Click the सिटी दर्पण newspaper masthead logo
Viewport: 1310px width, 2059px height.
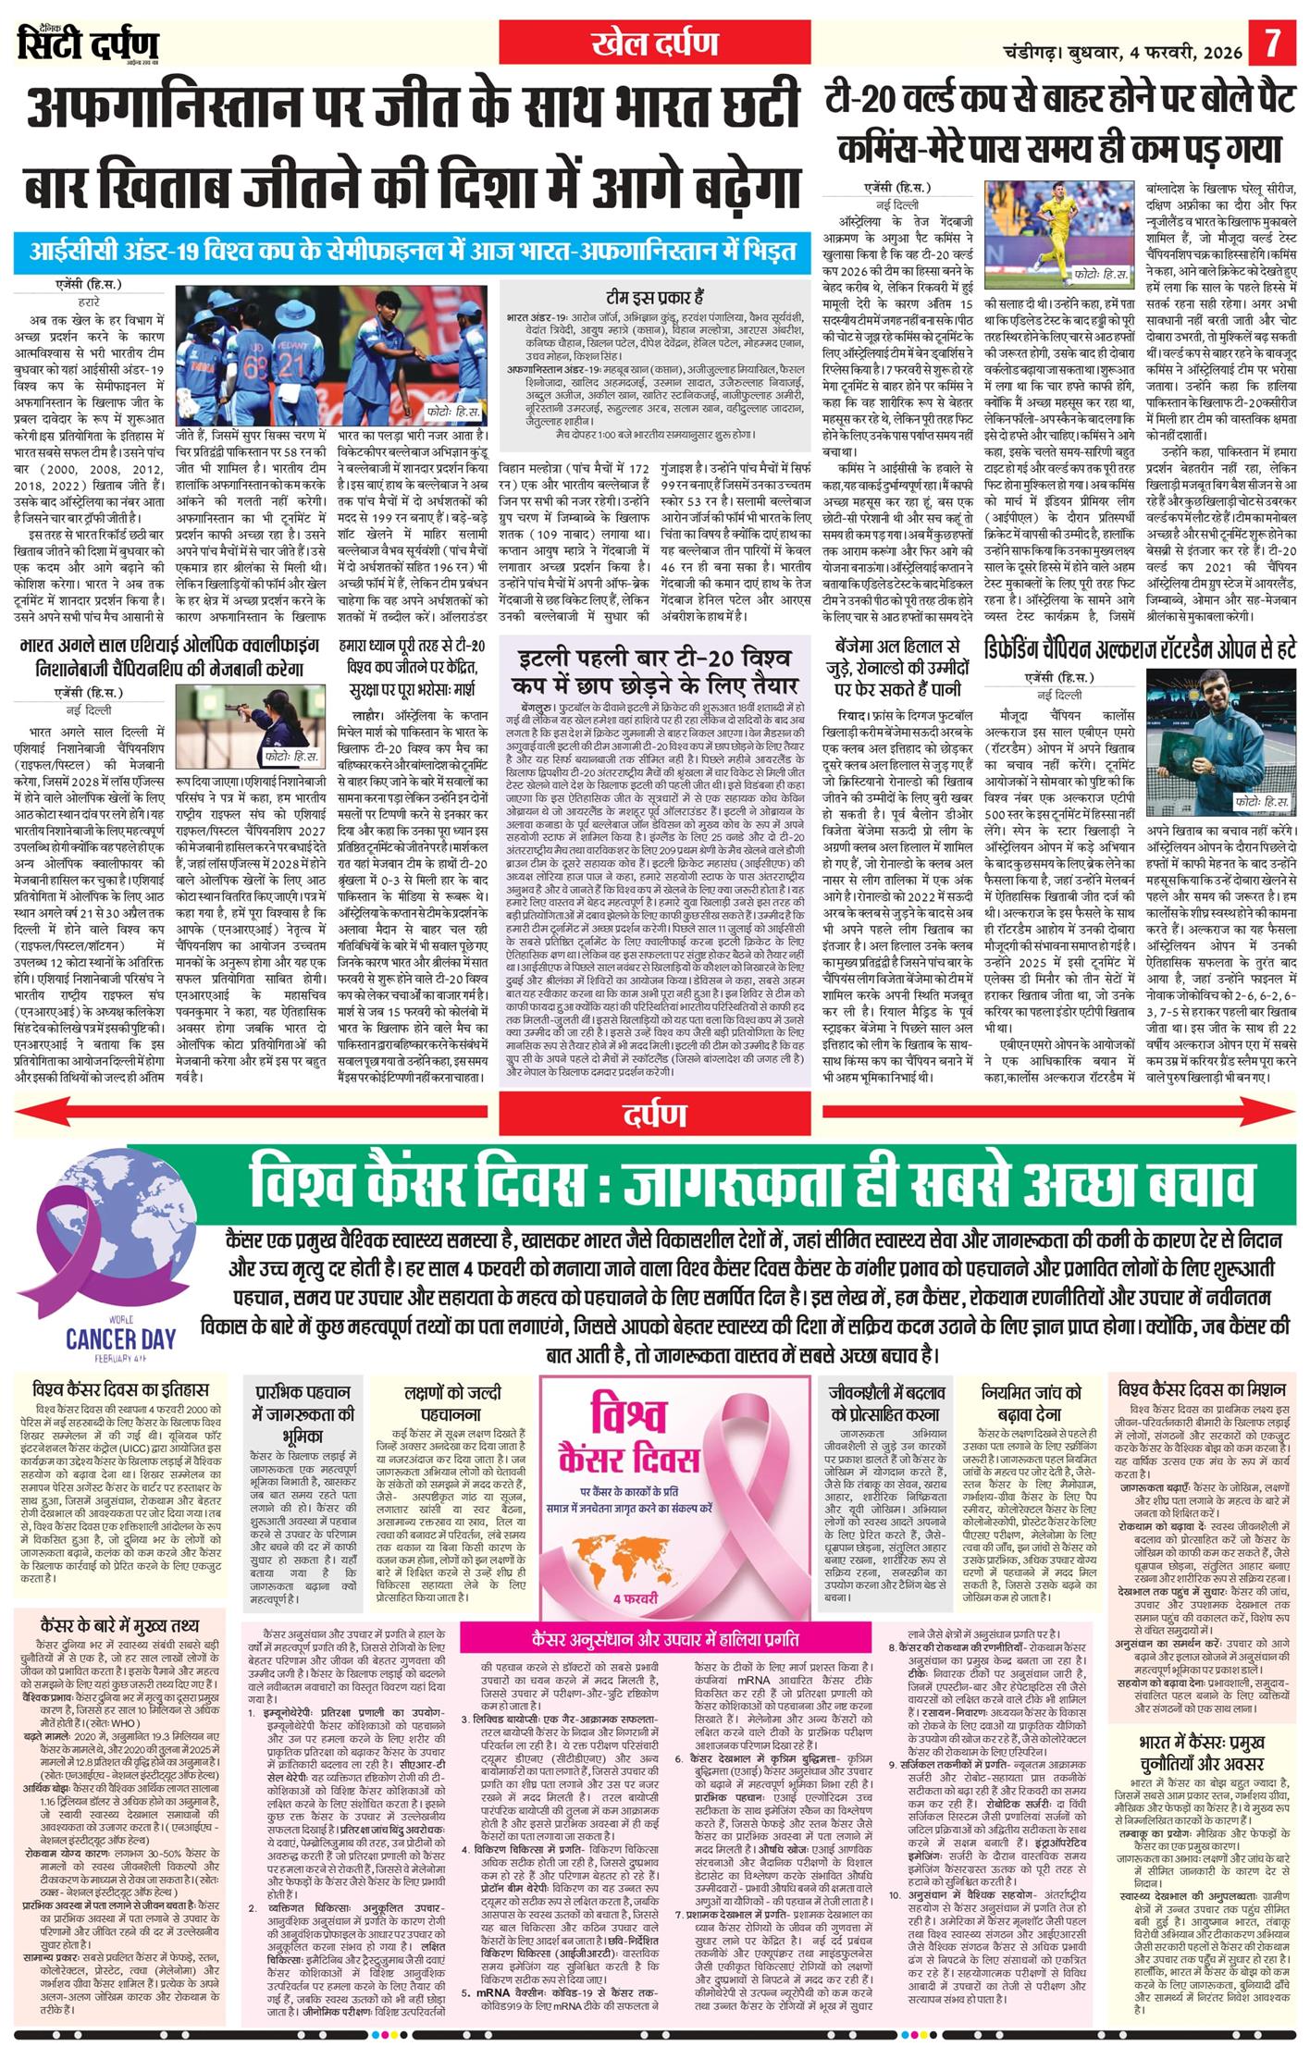(x=88, y=43)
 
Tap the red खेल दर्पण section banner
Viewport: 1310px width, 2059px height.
(x=655, y=43)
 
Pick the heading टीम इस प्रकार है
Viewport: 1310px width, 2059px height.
(x=655, y=296)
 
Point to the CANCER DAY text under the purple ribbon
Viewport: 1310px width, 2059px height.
(x=120, y=1338)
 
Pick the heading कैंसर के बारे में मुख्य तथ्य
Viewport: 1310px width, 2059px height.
(x=120, y=1625)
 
